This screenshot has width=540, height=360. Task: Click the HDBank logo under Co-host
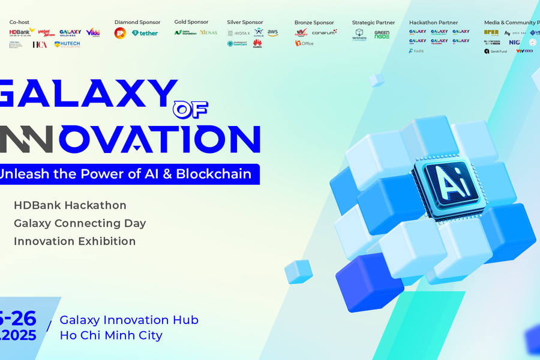(x=22, y=32)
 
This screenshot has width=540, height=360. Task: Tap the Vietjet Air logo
(x=46, y=32)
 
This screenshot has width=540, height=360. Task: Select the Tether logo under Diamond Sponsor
(x=145, y=33)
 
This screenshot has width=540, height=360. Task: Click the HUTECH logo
(x=67, y=44)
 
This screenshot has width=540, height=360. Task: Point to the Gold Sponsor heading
(x=191, y=22)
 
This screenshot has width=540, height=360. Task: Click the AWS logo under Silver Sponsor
(x=272, y=32)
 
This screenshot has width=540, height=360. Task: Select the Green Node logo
(x=382, y=35)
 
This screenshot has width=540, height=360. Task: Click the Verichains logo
(x=359, y=35)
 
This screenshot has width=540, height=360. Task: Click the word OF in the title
(x=190, y=109)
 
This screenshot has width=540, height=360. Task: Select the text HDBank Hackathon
(x=70, y=205)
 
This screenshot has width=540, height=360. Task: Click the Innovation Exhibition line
(x=74, y=241)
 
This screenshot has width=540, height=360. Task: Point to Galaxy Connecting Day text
(x=80, y=223)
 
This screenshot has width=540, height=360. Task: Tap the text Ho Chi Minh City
(x=111, y=335)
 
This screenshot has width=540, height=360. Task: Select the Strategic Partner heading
(x=373, y=22)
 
